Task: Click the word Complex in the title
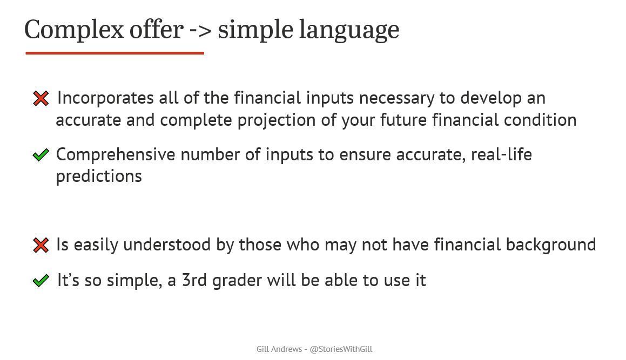(x=74, y=30)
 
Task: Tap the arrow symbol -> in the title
(x=200, y=30)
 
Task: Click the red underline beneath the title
(x=115, y=53)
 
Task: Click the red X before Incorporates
(x=41, y=98)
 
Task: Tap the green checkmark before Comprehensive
(x=41, y=155)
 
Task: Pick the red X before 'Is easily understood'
(x=41, y=245)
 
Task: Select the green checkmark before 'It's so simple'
(x=41, y=281)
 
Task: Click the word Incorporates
(x=105, y=98)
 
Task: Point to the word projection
(x=277, y=120)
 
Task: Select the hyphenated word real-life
(x=501, y=155)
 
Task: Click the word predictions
(x=99, y=176)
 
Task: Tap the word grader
(x=237, y=281)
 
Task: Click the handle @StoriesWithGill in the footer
(x=341, y=349)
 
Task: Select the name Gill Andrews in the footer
(x=279, y=349)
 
